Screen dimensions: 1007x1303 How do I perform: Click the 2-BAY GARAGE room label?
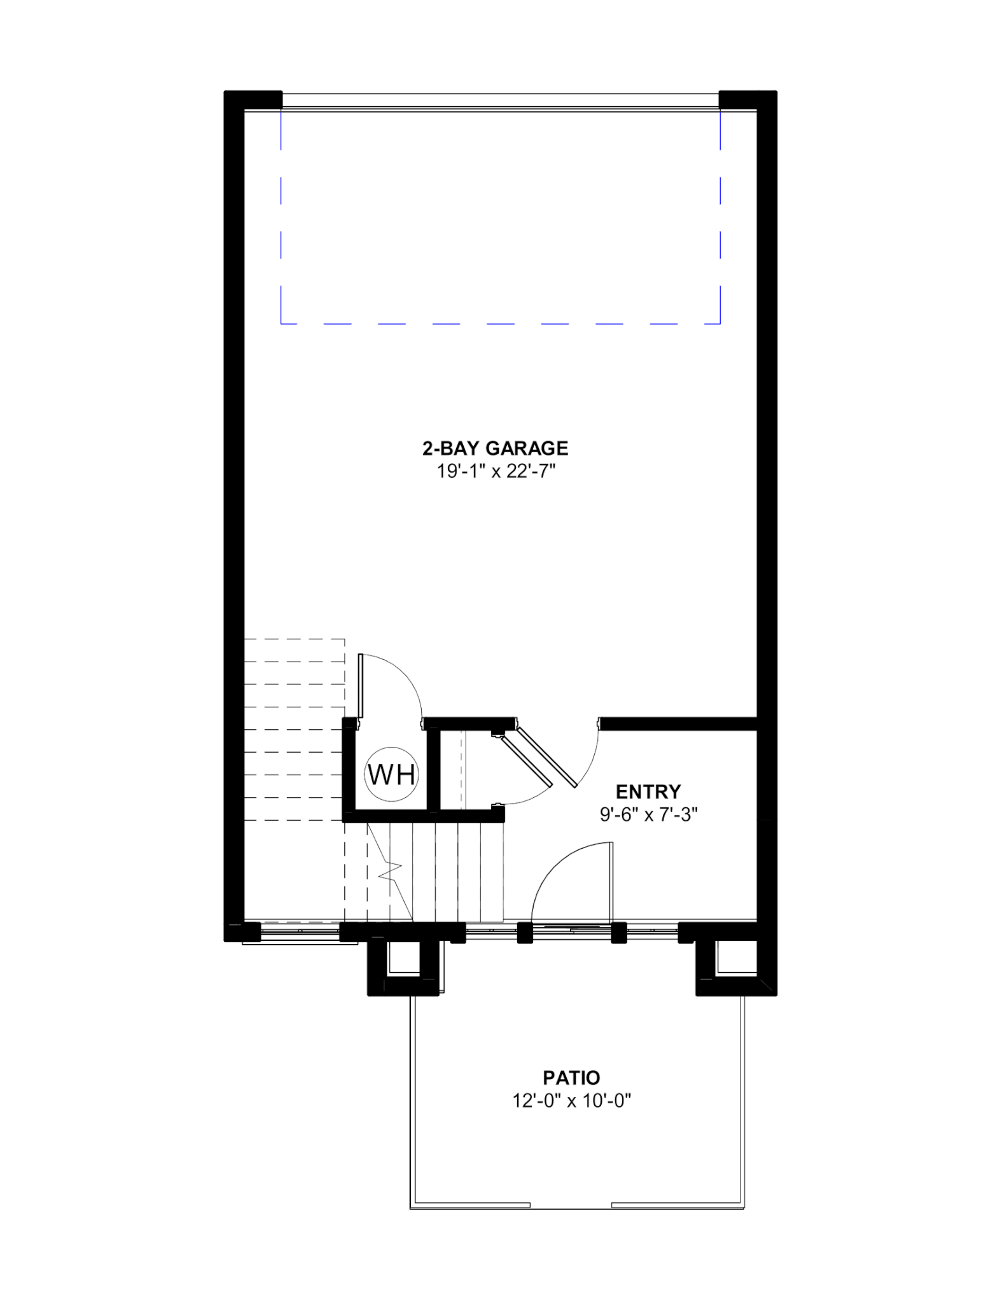(495, 449)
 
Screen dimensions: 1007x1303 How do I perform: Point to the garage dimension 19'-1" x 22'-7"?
(495, 471)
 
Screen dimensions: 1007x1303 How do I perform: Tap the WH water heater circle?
(391, 774)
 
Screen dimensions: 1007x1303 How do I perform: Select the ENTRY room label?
(648, 791)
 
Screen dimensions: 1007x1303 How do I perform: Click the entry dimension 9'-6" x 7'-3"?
(649, 815)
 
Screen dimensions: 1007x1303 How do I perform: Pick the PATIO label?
(571, 1078)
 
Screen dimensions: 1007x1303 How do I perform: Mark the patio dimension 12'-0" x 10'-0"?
(571, 1101)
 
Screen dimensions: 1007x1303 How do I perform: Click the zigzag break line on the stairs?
(389, 870)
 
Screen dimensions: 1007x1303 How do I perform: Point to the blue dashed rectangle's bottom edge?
(500, 324)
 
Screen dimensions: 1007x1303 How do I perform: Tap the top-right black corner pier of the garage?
(748, 101)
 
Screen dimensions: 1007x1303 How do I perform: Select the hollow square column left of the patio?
(403, 969)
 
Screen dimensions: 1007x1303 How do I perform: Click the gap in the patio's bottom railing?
(571, 1205)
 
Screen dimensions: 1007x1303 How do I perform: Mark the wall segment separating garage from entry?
(678, 723)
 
